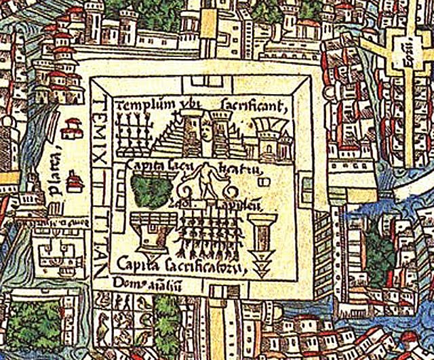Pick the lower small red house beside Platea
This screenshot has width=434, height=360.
point(74,181)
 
